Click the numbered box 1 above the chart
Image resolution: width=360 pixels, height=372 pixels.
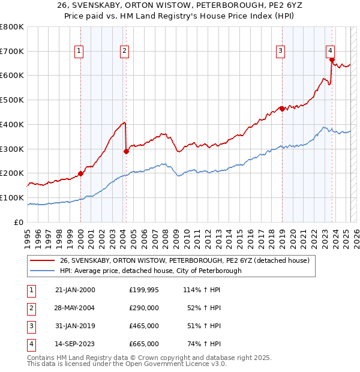coord(79,52)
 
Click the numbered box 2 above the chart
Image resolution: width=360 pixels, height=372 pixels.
coord(124,52)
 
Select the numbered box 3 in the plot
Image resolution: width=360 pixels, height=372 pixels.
coord(280,52)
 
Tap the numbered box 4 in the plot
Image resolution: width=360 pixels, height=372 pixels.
coord(330,51)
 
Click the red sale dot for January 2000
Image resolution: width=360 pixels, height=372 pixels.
coord(80,173)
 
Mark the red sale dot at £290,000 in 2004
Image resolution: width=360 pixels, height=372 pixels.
coord(126,151)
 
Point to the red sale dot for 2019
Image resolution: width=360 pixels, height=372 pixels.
coord(281,109)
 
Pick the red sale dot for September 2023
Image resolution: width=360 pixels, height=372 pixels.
coord(331,59)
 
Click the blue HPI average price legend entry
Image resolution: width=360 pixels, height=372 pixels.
coord(150,271)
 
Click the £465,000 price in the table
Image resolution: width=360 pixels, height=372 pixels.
coord(144,326)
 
